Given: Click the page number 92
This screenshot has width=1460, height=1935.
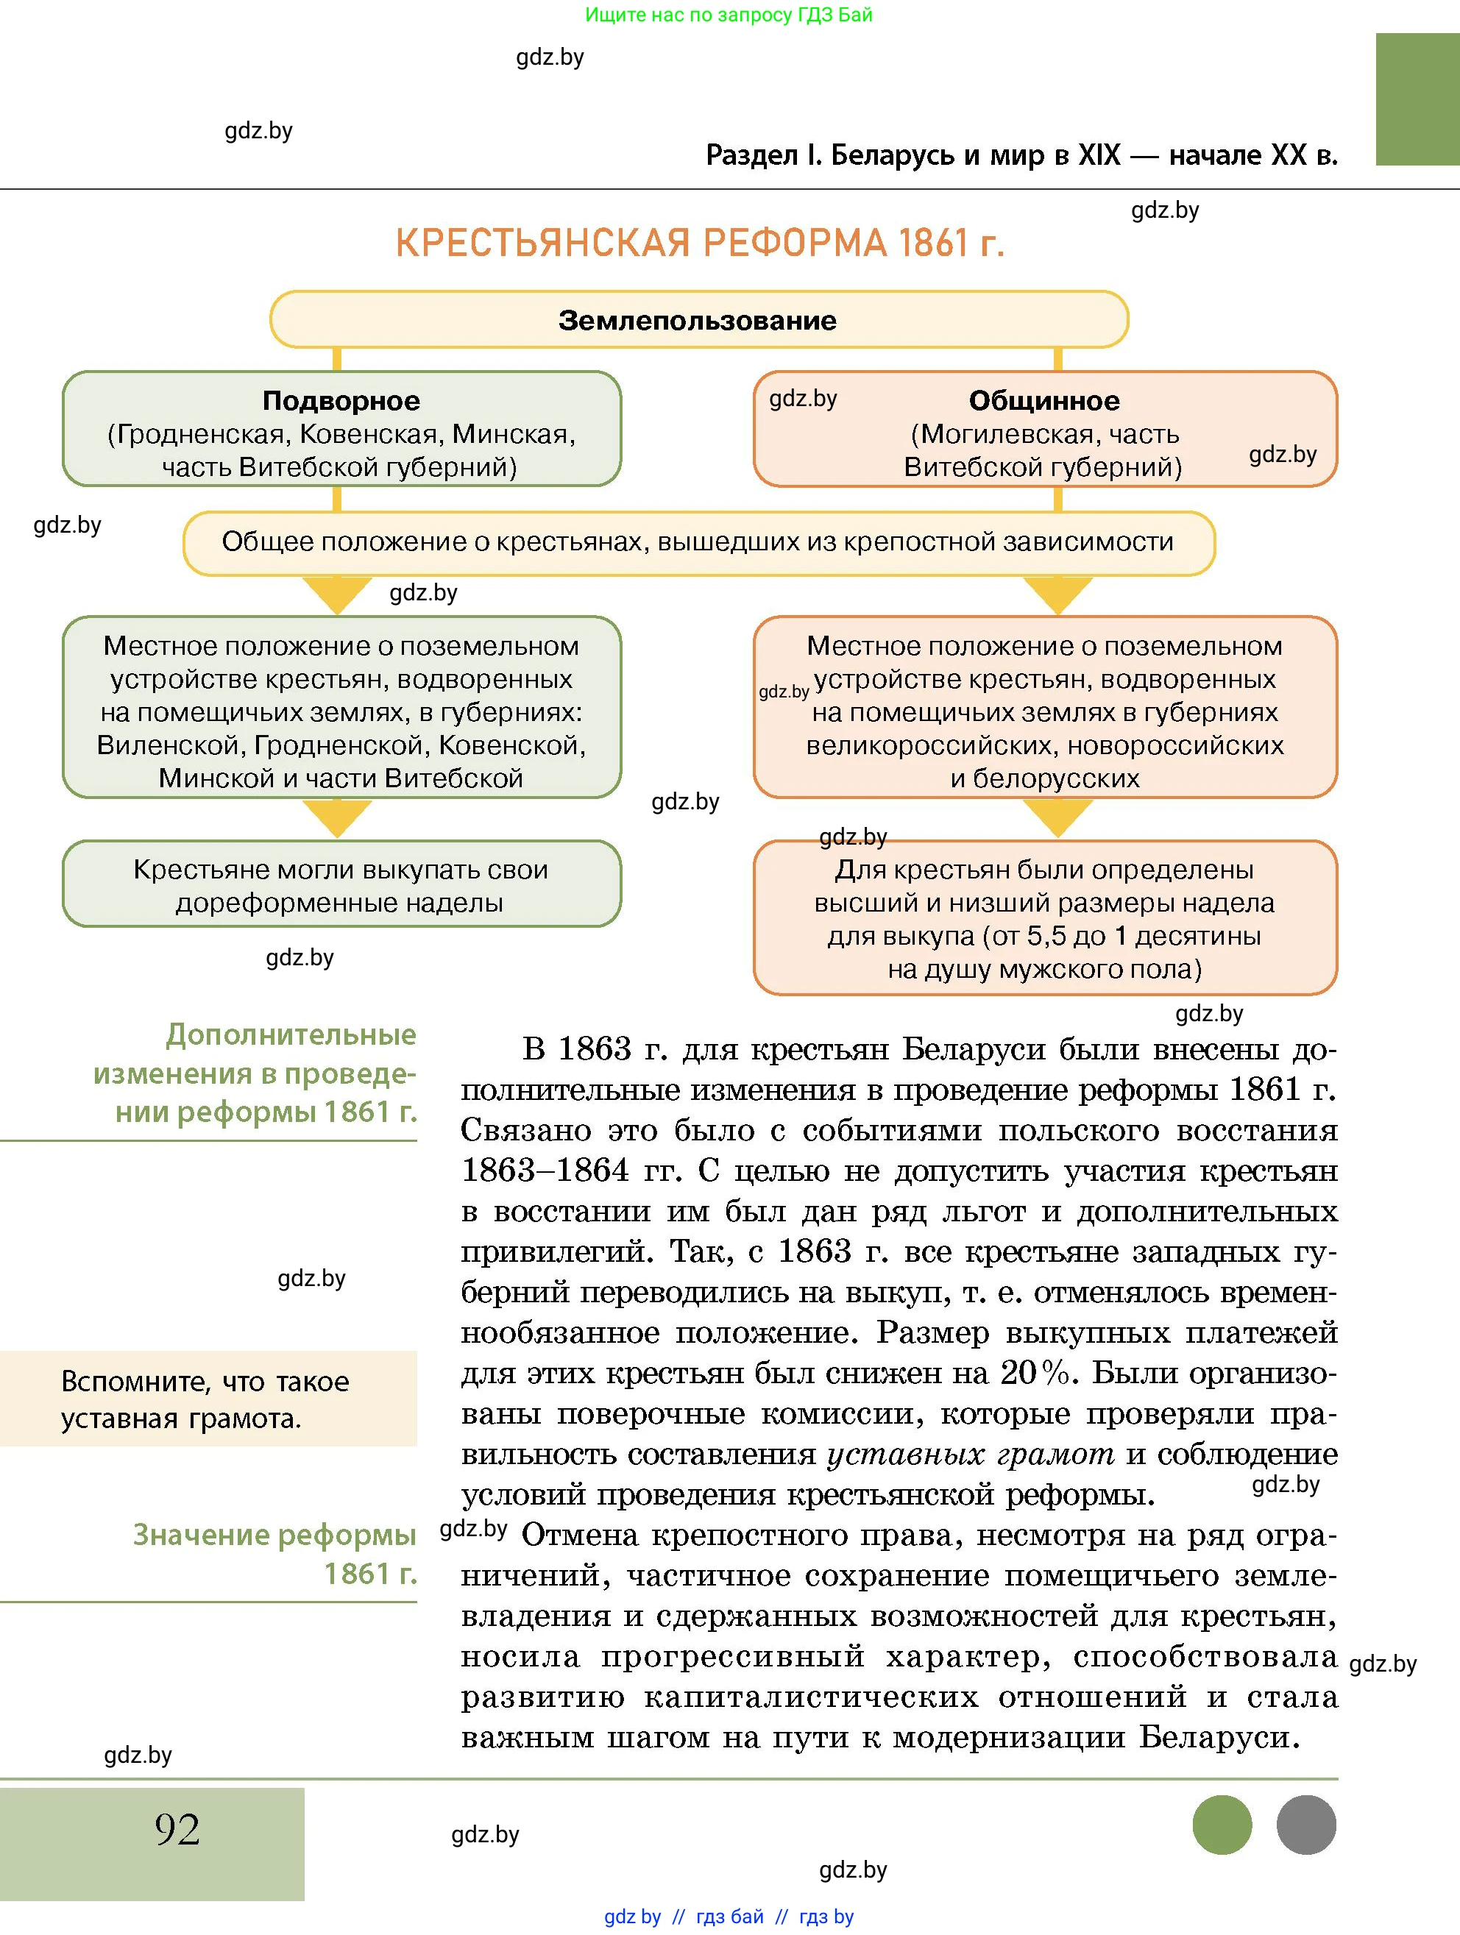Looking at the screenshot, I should point(177,1829).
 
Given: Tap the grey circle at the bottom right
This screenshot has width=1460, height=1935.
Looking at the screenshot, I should point(1305,1825).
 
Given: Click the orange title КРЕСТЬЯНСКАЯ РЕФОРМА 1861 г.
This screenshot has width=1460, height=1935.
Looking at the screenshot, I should point(700,244).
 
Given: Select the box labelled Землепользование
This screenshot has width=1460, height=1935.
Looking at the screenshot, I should point(698,320).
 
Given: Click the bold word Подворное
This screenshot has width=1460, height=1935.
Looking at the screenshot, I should point(341,401).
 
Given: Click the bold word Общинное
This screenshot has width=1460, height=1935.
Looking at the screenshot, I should point(1043,401).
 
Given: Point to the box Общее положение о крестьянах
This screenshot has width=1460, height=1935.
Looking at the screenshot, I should point(698,542).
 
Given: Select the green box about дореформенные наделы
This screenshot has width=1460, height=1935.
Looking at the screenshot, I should point(341,885).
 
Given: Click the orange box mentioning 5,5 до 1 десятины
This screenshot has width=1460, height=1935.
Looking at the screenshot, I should point(1044,918).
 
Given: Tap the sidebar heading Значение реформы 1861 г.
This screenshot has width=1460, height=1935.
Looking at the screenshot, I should point(274,1554).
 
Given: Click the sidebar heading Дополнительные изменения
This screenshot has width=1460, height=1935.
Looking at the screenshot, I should point(255,1073).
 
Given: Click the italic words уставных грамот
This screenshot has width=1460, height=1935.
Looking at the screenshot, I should point(970,1455).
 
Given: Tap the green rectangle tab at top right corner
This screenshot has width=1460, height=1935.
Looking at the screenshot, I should point(1417,99).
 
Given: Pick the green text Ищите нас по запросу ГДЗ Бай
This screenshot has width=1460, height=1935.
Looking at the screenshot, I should point(728,15).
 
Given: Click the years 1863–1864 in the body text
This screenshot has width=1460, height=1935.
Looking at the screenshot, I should point(545,1171).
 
